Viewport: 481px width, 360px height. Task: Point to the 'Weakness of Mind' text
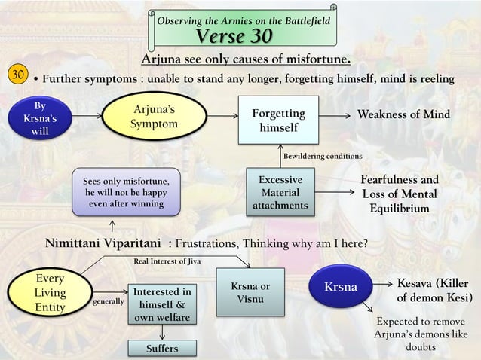coord(403,114)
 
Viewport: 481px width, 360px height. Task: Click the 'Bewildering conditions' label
coord(322,156)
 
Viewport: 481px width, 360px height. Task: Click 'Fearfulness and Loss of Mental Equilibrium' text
coord(400,194)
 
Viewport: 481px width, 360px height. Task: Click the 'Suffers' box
coord(161,348)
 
